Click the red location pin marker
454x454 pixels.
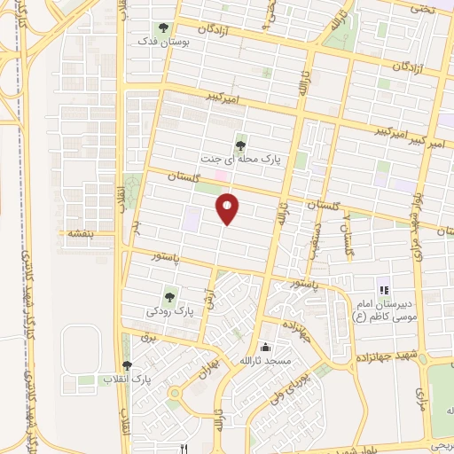[229, 209]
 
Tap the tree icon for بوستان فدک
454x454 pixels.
[163, 27]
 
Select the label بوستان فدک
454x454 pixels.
[157, 41]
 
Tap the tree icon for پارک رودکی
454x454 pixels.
[169, 297]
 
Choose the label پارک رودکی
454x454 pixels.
[170, 312]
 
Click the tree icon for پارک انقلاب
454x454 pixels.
[127, 365]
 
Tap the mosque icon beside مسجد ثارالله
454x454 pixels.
[267, 348]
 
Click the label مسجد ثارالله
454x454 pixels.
[267, 362]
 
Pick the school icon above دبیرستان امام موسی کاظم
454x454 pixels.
[384, 289]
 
